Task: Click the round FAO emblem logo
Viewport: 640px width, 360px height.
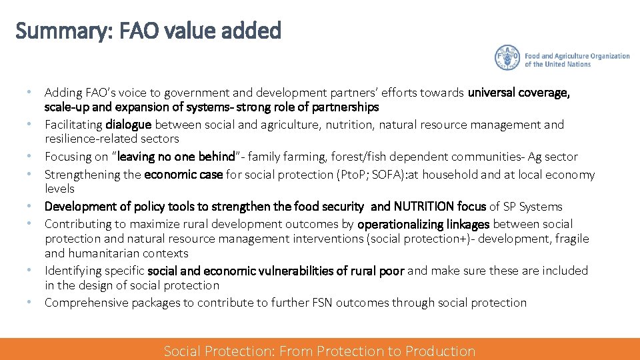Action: [507, 58]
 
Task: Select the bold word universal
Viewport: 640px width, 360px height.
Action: [493, 93]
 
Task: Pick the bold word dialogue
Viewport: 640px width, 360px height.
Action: [129, 125]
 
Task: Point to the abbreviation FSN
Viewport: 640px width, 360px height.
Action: [321, 303]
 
